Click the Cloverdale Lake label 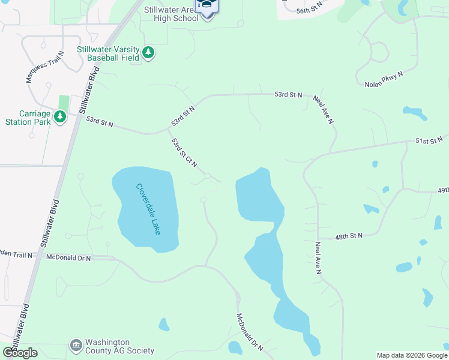pos(148,209)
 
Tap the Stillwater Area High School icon pos(208,7)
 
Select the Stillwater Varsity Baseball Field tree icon pos(148,54)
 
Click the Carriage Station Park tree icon pos(59,117)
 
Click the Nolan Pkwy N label pos(384,79)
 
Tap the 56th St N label pos(310,7)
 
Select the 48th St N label pos(349,236)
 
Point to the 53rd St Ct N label pos(184,154)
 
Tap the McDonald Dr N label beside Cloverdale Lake pos(68,257)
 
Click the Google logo pos(20,352)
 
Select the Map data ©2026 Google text pos(412,355)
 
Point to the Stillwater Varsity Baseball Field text pos(108,53)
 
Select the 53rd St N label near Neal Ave pos(288,95)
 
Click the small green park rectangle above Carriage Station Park pos(64,103)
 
